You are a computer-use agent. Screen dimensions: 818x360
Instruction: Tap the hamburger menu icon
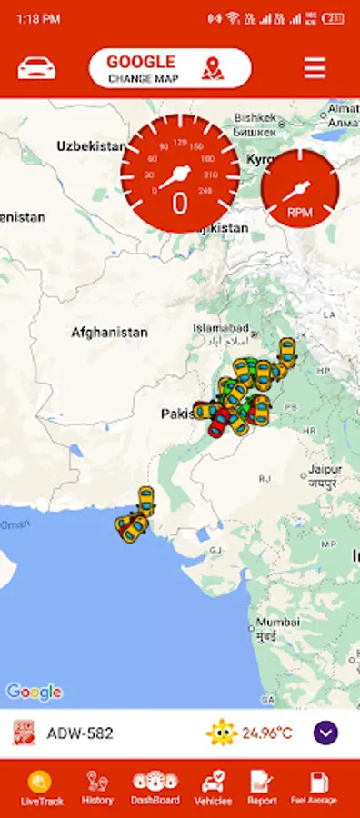(x=315, y=68)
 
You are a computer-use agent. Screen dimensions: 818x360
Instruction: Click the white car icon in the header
(x=36, y=68)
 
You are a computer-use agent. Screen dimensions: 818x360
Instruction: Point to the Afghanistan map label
(x=109, y=333)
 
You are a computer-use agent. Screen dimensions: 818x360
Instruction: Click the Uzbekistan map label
(x=91, y=145)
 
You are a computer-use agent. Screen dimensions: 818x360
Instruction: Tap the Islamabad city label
(x=220, y=327)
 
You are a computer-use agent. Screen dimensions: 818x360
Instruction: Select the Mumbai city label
(x=277, y=623)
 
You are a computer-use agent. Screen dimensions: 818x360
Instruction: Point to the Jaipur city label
(x=324, y=470)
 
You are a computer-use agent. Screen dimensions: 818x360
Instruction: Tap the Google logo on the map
(x=34, y=692)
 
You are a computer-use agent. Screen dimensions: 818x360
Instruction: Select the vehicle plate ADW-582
(x=80, y=733)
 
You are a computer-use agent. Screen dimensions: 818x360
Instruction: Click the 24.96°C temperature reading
(x=267, y=733)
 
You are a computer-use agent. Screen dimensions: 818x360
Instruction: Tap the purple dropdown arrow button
(x=325, y=733)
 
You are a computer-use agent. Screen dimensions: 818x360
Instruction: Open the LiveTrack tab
(x=42, y=787)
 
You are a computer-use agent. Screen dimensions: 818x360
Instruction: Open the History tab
(x=97, y=787)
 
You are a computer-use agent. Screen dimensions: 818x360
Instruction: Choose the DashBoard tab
(x=155, y=787)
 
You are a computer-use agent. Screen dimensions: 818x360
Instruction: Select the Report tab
(x=262, y=787)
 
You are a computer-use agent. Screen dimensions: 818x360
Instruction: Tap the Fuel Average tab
(x=315, y=787)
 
